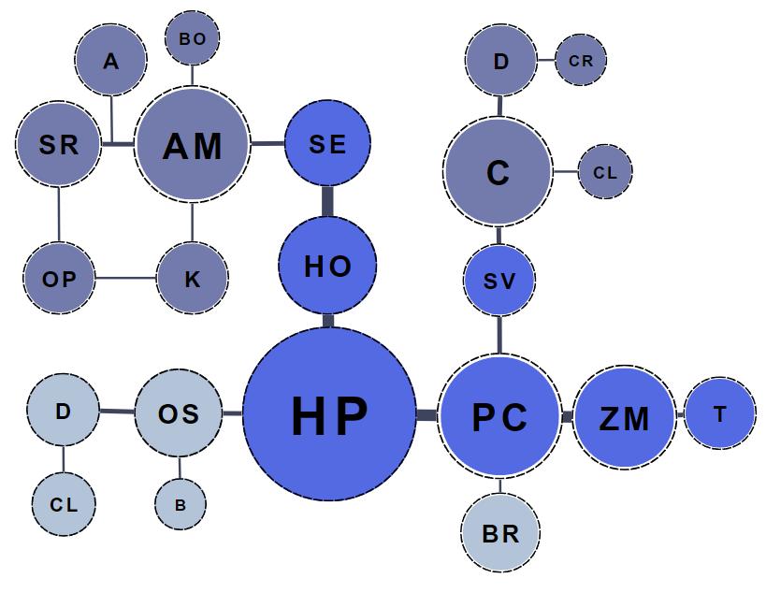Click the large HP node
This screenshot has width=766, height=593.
(x=329, y=413)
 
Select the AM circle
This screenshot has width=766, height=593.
(x=193, y=145)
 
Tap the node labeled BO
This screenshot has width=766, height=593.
(x=192, y=38)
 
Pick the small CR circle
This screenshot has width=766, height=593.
(x=581, y=61)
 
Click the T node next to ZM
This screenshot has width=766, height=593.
(x=719, y=413)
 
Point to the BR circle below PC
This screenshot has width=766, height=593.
(x=501, y=533)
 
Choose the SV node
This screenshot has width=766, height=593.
(x=499, y=280)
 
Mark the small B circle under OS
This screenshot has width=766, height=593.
(x=181, y=504)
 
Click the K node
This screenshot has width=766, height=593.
(x=193, y=279)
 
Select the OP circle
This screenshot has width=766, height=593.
(x=59, y=279)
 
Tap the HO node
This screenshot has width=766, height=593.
(x=328, y=266)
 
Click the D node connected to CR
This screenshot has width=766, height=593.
(x=501, y=62)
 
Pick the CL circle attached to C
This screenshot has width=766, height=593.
(x=605, y=172)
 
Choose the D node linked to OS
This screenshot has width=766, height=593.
(x=64, y=411)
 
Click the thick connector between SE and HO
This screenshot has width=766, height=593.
(x=328, y=201)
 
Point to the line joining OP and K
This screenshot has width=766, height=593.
(x=125, y=279)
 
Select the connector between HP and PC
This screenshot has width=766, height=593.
(x=427, y=414)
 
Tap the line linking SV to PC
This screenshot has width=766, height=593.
(x=499, y=335)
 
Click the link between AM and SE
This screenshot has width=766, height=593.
(x=267, y=143)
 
